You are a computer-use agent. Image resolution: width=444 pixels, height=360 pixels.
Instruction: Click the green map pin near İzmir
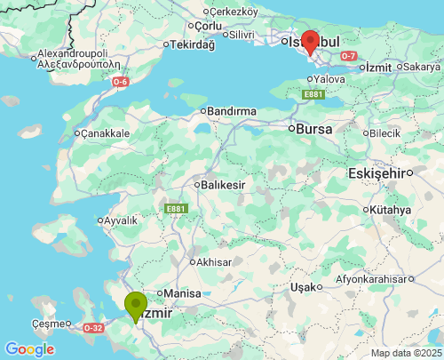136,306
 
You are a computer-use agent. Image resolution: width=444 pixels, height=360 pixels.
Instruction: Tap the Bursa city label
313,129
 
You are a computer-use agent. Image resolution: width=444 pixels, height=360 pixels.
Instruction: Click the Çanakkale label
106,133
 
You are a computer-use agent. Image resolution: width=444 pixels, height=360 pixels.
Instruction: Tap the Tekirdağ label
192,44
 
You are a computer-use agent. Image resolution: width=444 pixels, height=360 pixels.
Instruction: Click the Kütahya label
392,210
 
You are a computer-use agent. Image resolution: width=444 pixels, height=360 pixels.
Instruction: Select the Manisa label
184,293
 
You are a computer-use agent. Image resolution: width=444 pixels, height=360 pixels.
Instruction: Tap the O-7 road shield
349,56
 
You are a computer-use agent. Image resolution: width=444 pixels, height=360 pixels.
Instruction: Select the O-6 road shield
121,82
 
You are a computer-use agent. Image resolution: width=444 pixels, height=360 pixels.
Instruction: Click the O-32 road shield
93,328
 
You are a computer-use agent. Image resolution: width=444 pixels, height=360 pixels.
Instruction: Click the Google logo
28,349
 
